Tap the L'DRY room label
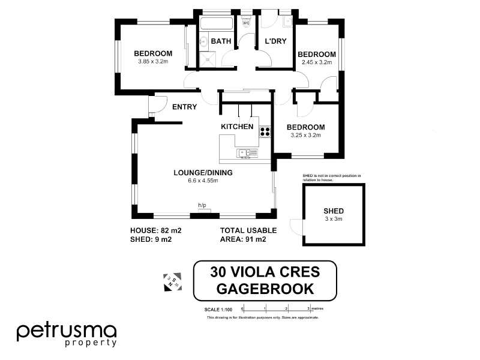click(275, 41)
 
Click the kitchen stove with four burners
click(265, 131)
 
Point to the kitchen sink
click(248, 153)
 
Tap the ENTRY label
click(184, 107)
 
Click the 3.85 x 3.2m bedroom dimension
click(152, 61)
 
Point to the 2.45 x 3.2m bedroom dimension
click(317, 62)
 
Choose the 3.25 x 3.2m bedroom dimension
click(305, 136)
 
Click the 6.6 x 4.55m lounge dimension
click(202, 181)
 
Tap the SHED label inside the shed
click(334, 211)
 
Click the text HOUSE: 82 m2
click(156, 230)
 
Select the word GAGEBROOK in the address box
click(265, 288)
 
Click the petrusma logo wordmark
click(66, 331)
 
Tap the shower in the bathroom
click(208, 59)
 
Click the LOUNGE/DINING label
click(203, 173)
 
